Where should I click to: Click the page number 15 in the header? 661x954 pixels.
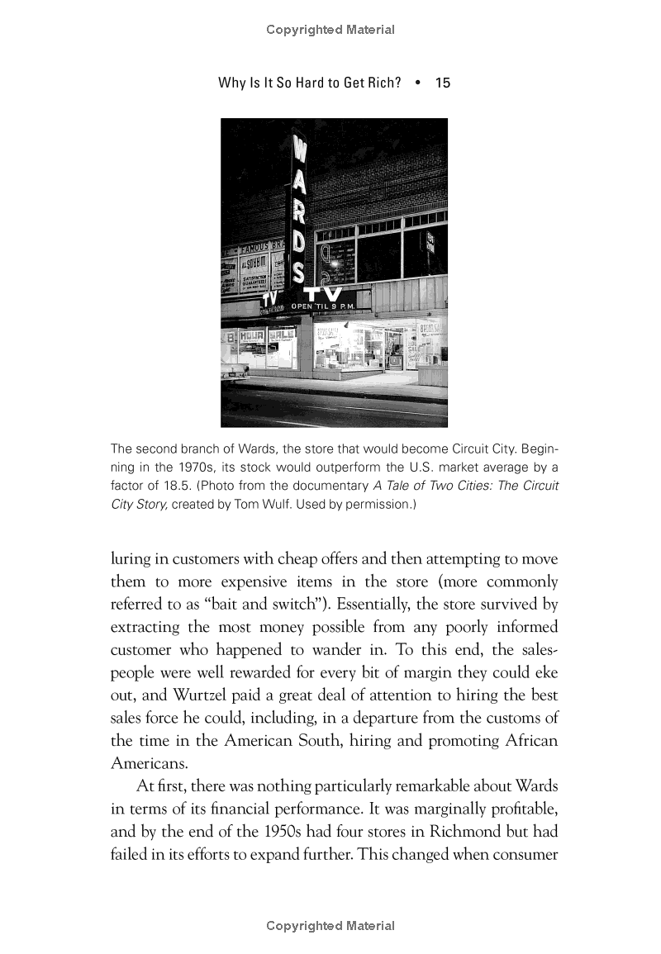pos(442,83)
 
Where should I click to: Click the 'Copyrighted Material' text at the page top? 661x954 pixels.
pos(330,30)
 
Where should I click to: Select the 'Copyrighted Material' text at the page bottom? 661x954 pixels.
pos(330,926)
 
